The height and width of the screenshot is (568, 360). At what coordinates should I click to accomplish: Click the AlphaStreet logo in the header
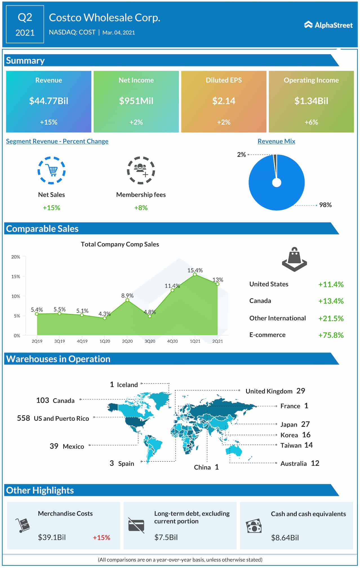pyautogui.click(x=328, y=25)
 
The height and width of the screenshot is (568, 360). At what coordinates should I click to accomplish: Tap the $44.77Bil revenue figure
pyautogui.click(x=49, y=101)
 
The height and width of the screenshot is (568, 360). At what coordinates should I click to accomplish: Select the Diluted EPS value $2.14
pyautogui.click(x=224, y=101)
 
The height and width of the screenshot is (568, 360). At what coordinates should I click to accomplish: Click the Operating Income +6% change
pyautogui.click(x=311, y=122)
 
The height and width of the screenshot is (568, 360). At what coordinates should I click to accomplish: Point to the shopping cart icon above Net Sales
pyautogui.click(x=52, y=170)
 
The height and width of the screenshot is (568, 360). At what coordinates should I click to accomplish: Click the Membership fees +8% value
pyautogui.click(x=141, y=208)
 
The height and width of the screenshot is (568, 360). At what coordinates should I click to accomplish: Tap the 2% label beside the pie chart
pyautogui.click(x=241, y=155)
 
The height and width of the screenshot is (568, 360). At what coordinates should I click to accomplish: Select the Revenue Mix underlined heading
pyautogui.click(x=276, y=141)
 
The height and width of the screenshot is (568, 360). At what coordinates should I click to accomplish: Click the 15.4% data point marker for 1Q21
pyautogui.click(x=195, y=274)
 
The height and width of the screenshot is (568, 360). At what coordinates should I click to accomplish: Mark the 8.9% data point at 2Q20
pyautogui.click(x=127, y=300)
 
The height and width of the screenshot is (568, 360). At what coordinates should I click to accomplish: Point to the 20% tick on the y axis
pyautogui.click(x=16, y=257)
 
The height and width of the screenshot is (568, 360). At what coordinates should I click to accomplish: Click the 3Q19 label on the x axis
pyautogui.click(x=59, y=341)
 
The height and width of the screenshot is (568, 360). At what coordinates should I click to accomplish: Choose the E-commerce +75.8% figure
pyautogui.click(x=331, y=335)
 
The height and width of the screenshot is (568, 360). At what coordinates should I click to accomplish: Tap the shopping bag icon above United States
pyautogui.click(x=294, y=259)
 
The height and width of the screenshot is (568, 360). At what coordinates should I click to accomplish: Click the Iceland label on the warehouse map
pyautogui.click(x=127, y=385)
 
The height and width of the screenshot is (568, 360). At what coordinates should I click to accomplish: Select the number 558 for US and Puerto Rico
pyautogui.click(x=23, y=418)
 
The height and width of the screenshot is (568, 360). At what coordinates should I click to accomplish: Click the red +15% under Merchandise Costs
pyautogui.click(x=101, y=538)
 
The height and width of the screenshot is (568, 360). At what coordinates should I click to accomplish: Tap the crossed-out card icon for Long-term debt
pyautogui.click(x=136, y=525)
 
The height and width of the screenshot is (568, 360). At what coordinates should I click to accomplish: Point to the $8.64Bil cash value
pyautogui.click(x=285, y=538)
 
